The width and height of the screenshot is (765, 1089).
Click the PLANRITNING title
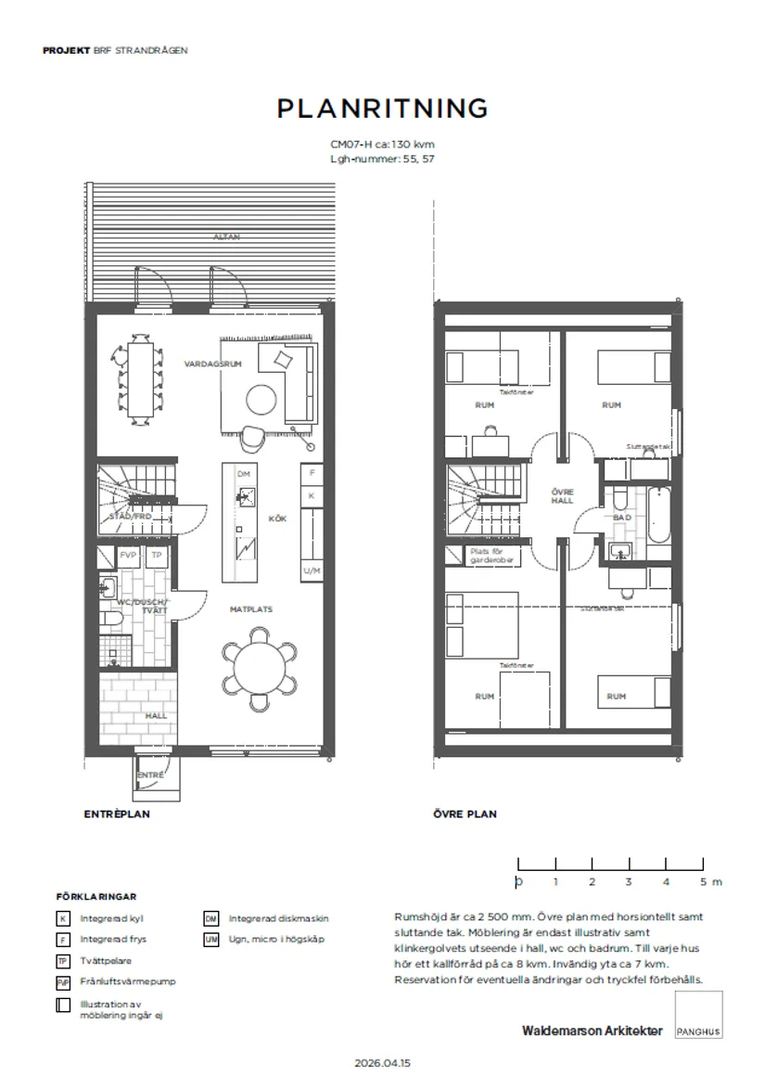pyautogui.click(x=382, y=109)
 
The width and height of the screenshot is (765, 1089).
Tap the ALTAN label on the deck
pyautogui.click(x=227, y=237)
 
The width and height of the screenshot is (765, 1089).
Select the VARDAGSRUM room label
pyautogui.click(x=212, y=365)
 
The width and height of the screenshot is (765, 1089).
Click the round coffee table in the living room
pyautogui.click(x=260, y=400)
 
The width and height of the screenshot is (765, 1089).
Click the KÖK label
pyautogui.click(x=277, y=519)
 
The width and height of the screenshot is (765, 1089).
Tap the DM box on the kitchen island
pyautogui.click(x=244, y=474)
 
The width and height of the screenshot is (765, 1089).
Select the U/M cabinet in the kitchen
pyautogui.click(x=312, y=570)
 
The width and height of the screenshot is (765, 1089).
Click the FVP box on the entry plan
pyautogui.click(x=128, y=556)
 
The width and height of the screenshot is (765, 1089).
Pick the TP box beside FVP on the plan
pyautogui.click(x=157, y=556)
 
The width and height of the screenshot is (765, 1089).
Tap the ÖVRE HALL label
pyautogui.click(x=561, y=495)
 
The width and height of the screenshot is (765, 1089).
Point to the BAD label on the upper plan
pyautogui.click(x=621, y=518)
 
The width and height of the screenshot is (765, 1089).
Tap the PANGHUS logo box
pyautogui.click(x=699, y=1014)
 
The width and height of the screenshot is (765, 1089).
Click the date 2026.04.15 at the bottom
pyautogui.click(x=382, y=1062)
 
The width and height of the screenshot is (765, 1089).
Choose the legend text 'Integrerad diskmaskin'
pyautogui.click(x=278, y=918)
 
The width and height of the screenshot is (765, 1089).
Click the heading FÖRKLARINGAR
pyautogui.click(x=96, y=897)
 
